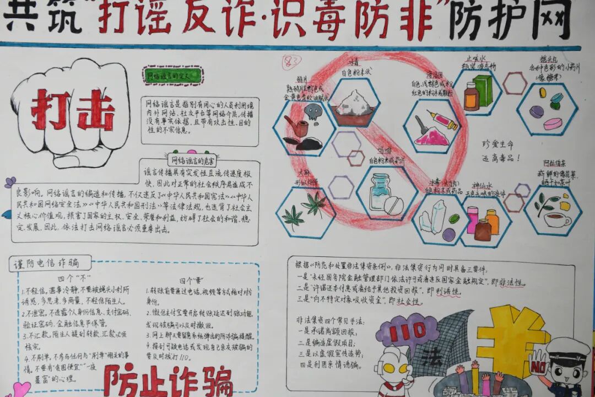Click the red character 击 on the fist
coord(95,110)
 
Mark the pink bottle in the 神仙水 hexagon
coord(472,219)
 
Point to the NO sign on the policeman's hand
coord(537,364)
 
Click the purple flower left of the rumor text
coord(10,181)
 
